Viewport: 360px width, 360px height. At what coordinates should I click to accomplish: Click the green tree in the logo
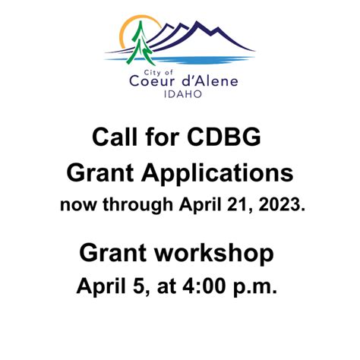pos(140,43)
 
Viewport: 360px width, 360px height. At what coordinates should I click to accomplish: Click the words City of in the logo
pos(158,73)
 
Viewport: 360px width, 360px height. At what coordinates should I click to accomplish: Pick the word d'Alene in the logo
pos(210,81)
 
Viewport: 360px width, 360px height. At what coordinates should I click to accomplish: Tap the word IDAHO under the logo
pos(183,94)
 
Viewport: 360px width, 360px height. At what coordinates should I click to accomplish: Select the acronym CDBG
pos(224,137)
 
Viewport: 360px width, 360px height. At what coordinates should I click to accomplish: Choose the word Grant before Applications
pos(100,172)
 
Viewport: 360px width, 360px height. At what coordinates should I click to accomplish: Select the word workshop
pos(214,254)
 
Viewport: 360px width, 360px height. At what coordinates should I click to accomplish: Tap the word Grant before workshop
pos(113,253)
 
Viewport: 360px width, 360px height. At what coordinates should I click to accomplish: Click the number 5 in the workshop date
pos(139,286)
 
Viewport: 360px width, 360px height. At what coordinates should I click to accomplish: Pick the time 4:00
pos(204,286)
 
